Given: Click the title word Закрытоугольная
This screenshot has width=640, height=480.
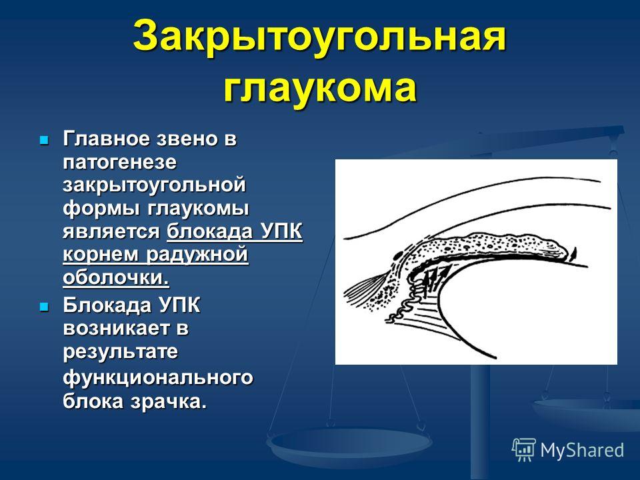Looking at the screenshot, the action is [x=319, y=37].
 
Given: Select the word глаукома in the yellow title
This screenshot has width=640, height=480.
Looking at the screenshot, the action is [x=320, y=87].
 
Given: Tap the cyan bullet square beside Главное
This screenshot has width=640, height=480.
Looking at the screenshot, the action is [x=43, y=141].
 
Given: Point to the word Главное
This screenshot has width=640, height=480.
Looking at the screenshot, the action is [x=107, y=139].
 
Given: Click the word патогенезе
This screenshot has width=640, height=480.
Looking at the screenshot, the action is [x=120, y=163].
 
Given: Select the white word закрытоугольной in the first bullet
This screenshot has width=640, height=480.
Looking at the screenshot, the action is [x=154, y=186].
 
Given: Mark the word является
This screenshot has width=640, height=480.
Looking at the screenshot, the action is [x=111, y=232].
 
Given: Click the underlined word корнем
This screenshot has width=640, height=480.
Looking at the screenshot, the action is [x=101, y=255].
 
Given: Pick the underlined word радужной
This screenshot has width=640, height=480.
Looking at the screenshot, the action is [x=197, y=255].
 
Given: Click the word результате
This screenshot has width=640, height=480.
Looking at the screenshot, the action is [x=121, y=352].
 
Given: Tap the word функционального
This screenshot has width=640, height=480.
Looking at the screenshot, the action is [x=158, y=378].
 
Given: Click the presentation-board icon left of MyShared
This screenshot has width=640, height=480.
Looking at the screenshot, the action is [x=524, y=450].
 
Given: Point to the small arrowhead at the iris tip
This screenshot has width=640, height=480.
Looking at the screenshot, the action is [x=573, y=254].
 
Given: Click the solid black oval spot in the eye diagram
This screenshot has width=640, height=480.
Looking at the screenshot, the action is [x=397, y=257].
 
